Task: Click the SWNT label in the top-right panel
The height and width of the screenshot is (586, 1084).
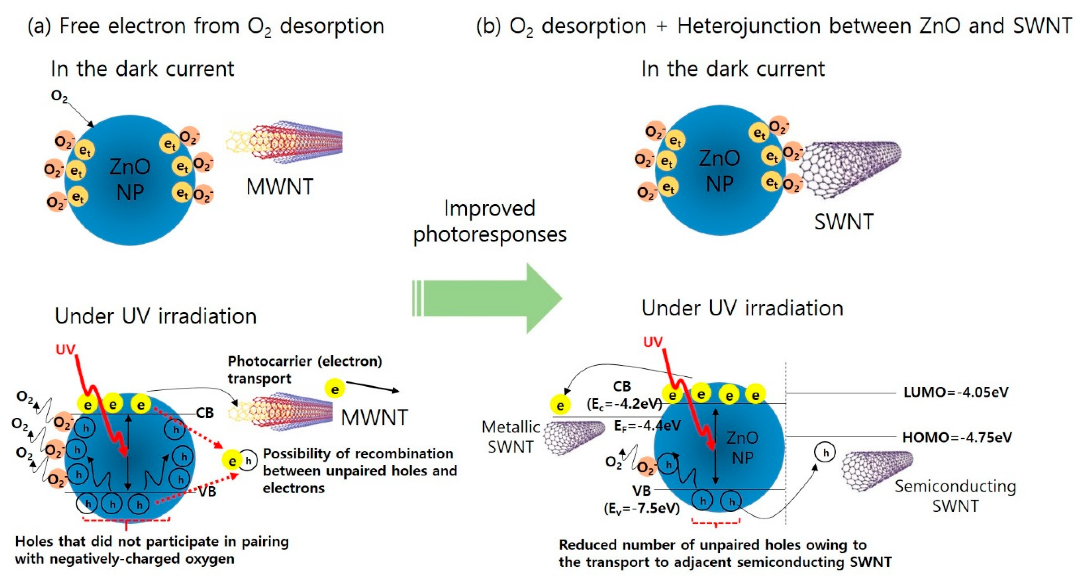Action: click(844, 222)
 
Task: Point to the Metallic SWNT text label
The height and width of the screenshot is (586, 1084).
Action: click(510, 437)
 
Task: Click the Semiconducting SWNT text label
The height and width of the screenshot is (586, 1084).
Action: click(955, 496)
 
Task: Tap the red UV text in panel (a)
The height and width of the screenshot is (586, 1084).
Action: click(65, 349)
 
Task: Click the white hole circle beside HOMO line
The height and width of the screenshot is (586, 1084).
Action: click(825, 453)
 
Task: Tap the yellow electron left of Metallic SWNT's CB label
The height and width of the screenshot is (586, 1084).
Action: click(560, 406)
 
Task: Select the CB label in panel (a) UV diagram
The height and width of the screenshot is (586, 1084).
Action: click(205, 413)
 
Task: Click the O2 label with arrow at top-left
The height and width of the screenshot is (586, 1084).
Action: click(59, 96)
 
